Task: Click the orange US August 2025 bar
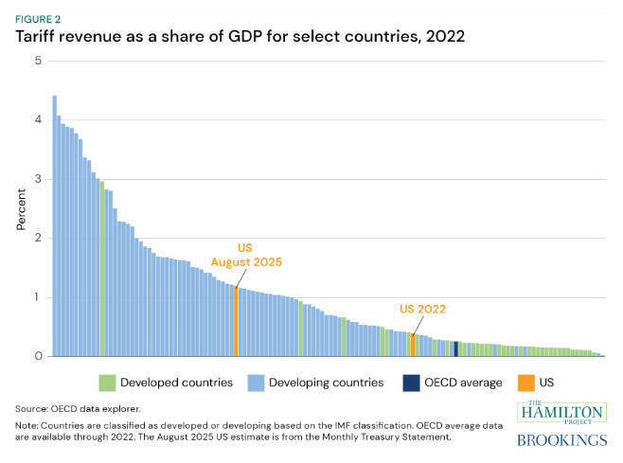(236, 321)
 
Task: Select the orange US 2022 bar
(413, 345)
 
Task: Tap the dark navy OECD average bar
(456, 349)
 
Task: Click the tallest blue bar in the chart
(55, 225)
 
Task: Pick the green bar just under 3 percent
(102, 269)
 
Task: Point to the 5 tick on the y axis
(38, 61)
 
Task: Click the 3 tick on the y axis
(38, 179)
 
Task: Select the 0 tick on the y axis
(38, 356)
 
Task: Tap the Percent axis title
(21, 209)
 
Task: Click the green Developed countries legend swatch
(107, 383)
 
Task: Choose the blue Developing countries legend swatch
(256, 383)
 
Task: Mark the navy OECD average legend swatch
(411, 383)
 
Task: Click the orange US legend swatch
(526, 383)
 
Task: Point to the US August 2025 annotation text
(246, 255)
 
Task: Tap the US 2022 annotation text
(422, 310)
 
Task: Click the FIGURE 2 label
(38, 20)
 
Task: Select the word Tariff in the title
(35, 37)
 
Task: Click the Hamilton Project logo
(562, 413)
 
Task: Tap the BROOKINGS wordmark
(562, 440)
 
